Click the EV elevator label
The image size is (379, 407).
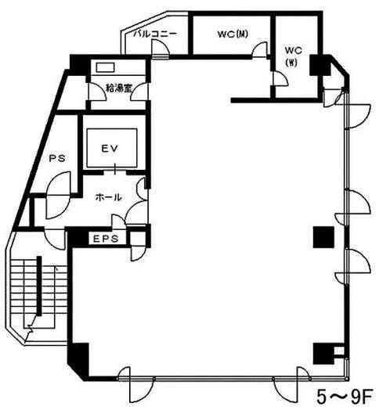click(x=110, y=149)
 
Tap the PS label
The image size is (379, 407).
click(x=57, y=158)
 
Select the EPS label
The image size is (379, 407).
click(x=106, y=239)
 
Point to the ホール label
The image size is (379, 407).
click(x=109, y=197)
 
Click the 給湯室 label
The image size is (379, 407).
click(x=119, y=88)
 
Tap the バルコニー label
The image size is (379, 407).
click(x=156, y=34)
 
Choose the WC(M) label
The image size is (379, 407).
click(x=233, y=34)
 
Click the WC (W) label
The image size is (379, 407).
click(x=294, y=56)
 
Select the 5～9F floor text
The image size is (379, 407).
click(x=345, y=397)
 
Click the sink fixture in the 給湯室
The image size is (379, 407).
click(x=105, y=67)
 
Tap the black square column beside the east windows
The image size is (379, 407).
click(x=323, y=237)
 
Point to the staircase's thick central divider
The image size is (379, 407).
click(x=39, y=286)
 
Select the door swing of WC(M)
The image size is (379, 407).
click(x=259, y=49)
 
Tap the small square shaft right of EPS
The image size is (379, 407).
click(x=138, y=239)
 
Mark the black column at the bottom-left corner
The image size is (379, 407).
click(x=78, y=362)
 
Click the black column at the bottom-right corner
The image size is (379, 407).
click(x=323, y=354)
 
